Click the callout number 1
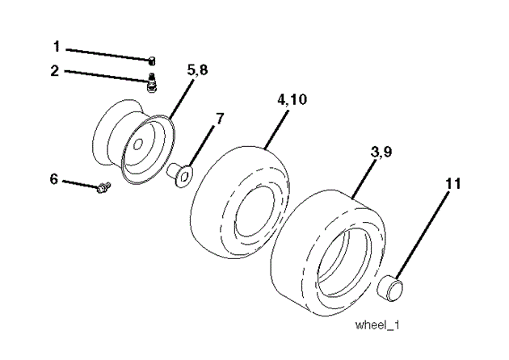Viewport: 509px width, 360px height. tap(57, 47)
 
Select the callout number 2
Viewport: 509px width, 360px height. tap(55, 71)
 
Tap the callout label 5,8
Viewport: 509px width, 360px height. tap(197, 69)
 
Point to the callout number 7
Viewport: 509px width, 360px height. tap(220, 119)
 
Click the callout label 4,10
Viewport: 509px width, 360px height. tap(292, 99)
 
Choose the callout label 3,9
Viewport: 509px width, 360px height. tap(381, 152)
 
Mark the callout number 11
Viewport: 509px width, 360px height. tap(453, 184)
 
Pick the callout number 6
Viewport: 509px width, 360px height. tap(54, 179)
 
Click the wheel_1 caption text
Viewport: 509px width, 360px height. tap(377, 324)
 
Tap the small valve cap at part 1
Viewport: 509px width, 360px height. tap(152, 61)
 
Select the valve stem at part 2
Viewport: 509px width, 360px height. tap(151, 82)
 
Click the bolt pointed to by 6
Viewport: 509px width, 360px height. tap(104, 187)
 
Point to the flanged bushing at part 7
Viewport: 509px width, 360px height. tap(179, 174)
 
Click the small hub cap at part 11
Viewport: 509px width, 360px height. tap(390, 287)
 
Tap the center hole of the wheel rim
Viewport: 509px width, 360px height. tap(138, 144)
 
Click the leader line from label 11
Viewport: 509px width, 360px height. tap(423, 235)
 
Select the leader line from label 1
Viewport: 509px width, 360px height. tap(108, 54)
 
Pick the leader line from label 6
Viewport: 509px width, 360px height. tap(80, 183)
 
